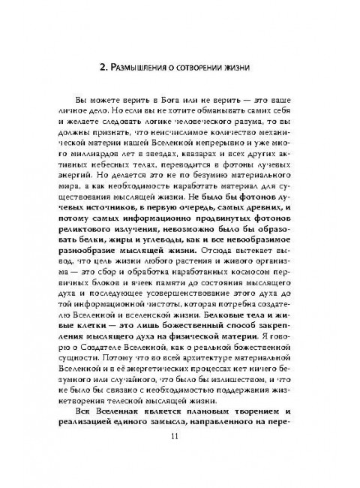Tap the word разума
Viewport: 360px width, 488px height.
pos(270,131)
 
